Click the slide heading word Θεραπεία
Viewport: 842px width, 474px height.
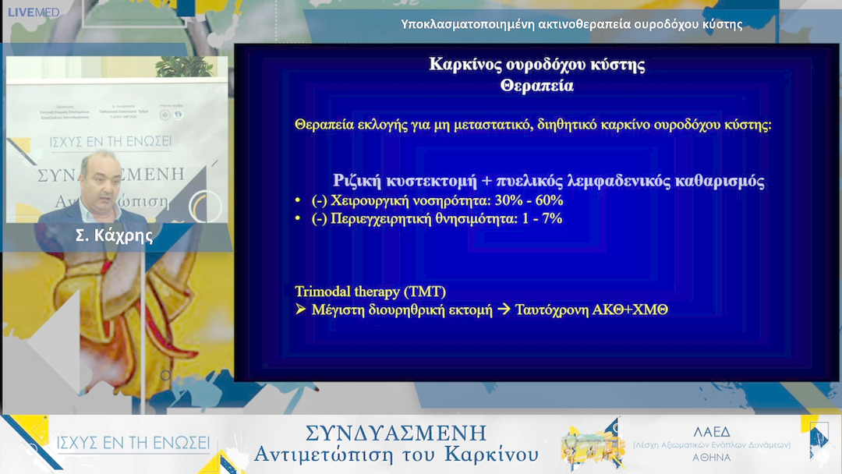point(536,86)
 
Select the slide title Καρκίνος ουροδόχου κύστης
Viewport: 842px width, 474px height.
point(536,64)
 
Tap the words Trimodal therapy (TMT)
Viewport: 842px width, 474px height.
point(370,292)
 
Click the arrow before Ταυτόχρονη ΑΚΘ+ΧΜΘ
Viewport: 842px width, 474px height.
point(504,310)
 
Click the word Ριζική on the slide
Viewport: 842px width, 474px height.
point(359,181)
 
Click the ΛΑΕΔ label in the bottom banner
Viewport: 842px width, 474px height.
point(711,430)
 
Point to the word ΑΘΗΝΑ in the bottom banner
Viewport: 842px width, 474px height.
point(711,458)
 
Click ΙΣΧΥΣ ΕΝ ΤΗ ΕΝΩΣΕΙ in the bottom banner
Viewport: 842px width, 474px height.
point(133,443)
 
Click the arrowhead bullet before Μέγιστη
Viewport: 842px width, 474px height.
point(302,310)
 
